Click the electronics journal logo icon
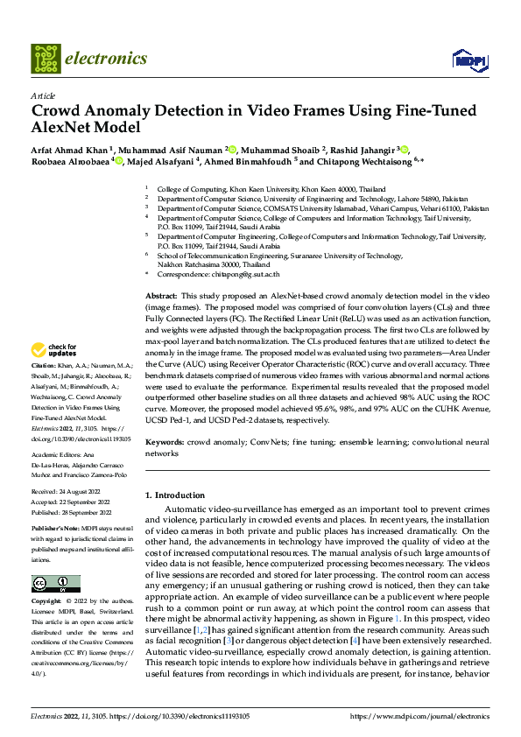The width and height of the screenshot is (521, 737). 46,59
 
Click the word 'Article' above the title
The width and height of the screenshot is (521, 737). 43,95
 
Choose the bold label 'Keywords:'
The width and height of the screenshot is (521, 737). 165,443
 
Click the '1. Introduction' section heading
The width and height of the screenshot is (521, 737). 179,495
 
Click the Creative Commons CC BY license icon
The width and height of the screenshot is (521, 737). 56,584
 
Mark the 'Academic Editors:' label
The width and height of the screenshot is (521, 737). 60,455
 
